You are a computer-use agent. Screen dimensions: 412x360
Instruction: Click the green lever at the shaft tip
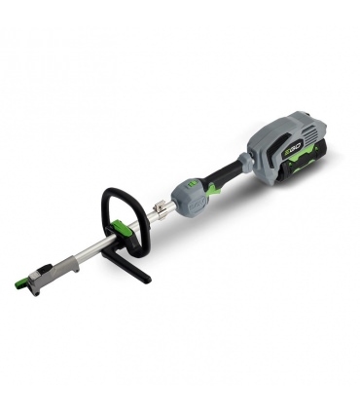(x=23, y=284)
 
